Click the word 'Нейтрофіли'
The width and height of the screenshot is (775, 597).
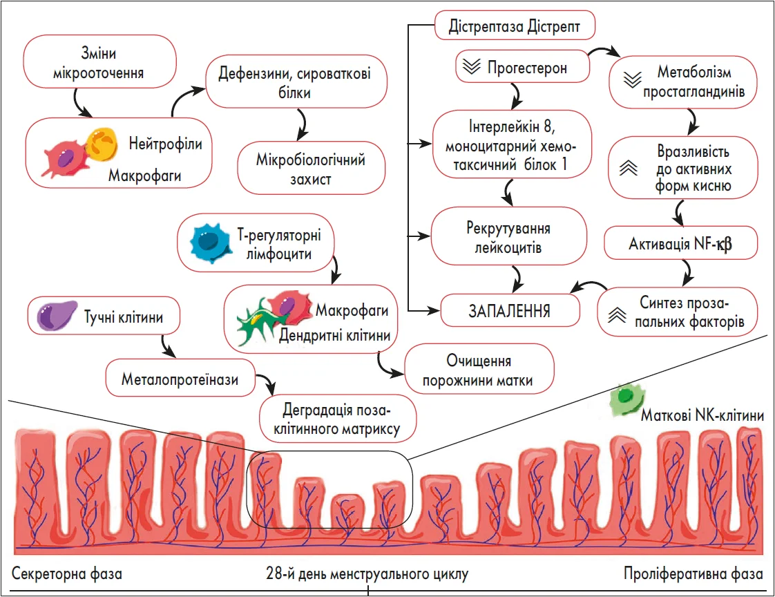pos(166,144)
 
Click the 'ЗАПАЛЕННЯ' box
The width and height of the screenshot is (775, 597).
pos(510,311)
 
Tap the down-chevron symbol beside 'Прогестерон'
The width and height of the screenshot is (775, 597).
pos(472,68)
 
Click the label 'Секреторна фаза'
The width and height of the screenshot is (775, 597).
pos(67,574)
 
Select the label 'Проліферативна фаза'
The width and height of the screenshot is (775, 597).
pos(693,574)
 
